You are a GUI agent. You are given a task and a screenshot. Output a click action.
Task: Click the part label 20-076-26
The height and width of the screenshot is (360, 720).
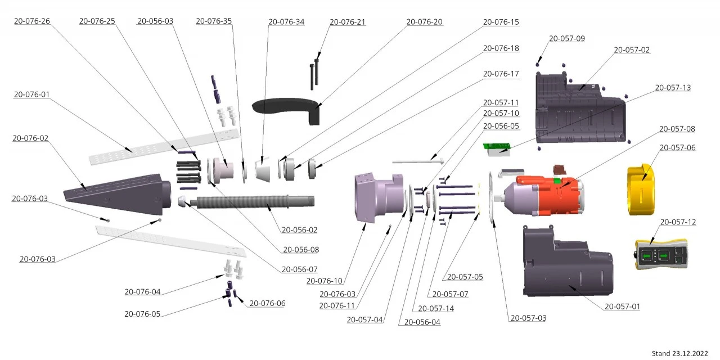pos(31,21)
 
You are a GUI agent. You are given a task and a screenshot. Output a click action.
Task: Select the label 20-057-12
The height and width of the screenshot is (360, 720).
pos(678,222)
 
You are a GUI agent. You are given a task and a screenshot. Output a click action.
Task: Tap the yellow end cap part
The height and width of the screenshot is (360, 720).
pos(641,190)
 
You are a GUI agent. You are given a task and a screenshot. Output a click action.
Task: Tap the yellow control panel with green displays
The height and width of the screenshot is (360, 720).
pos(661,255)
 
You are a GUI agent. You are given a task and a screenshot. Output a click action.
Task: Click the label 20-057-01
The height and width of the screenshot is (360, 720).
pos(622,307)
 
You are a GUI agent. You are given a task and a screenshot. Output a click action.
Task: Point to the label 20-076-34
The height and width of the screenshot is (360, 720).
pos(286,22)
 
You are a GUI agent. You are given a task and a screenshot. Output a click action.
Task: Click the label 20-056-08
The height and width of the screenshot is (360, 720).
pos(301,250)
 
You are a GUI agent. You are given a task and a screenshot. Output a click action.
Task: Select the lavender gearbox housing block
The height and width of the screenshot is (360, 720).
pos(378,198)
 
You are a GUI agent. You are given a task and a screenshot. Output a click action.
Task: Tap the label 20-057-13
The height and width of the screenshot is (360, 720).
pos(673,88)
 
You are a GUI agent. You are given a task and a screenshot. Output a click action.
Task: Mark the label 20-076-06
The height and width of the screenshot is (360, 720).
pos(267,303)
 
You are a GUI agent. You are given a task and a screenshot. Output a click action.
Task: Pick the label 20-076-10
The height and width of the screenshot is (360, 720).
pos(324,281)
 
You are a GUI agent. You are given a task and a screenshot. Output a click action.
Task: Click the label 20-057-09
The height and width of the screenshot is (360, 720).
pos(566,39)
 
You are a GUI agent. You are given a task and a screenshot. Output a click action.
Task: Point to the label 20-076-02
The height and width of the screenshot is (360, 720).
pos(30,138)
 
